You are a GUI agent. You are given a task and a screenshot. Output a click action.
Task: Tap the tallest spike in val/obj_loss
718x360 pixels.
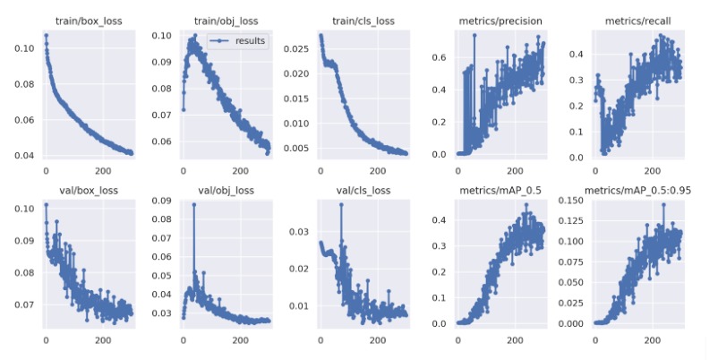tap(193, 205)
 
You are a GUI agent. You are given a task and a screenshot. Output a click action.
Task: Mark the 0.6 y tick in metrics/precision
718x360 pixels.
tap(440, 57)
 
